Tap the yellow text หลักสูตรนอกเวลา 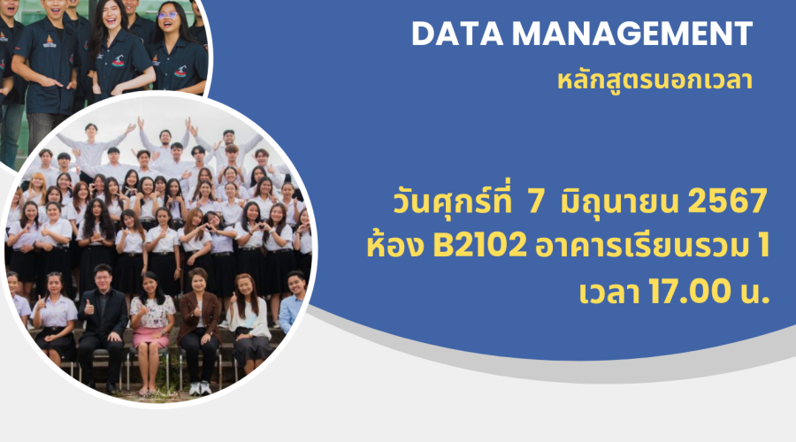(x=654, y=80)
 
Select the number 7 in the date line (x=536, y=202)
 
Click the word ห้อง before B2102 (x=395, y=246)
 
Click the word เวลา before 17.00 (x=609, y=293)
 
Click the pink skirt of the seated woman (x=150, y=337)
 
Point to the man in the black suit (x=103, y=324)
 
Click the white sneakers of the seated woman (x=200, y=388)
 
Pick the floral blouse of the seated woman (x=152, y=311)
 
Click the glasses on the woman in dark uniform (x=167, y=15)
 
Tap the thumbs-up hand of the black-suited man (x=89, y=308)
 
